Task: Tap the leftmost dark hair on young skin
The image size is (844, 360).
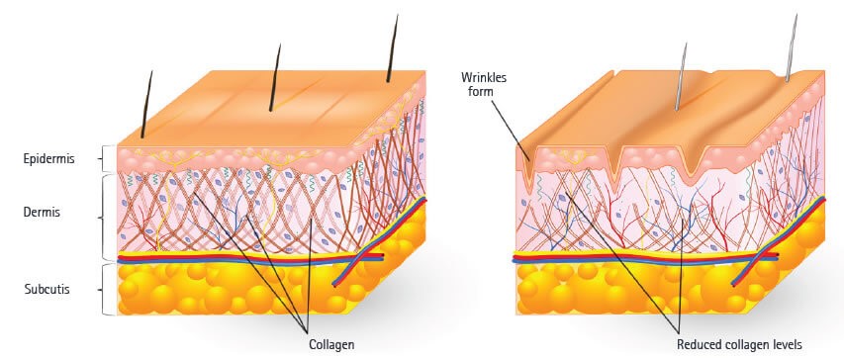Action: (x=146, y=103)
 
